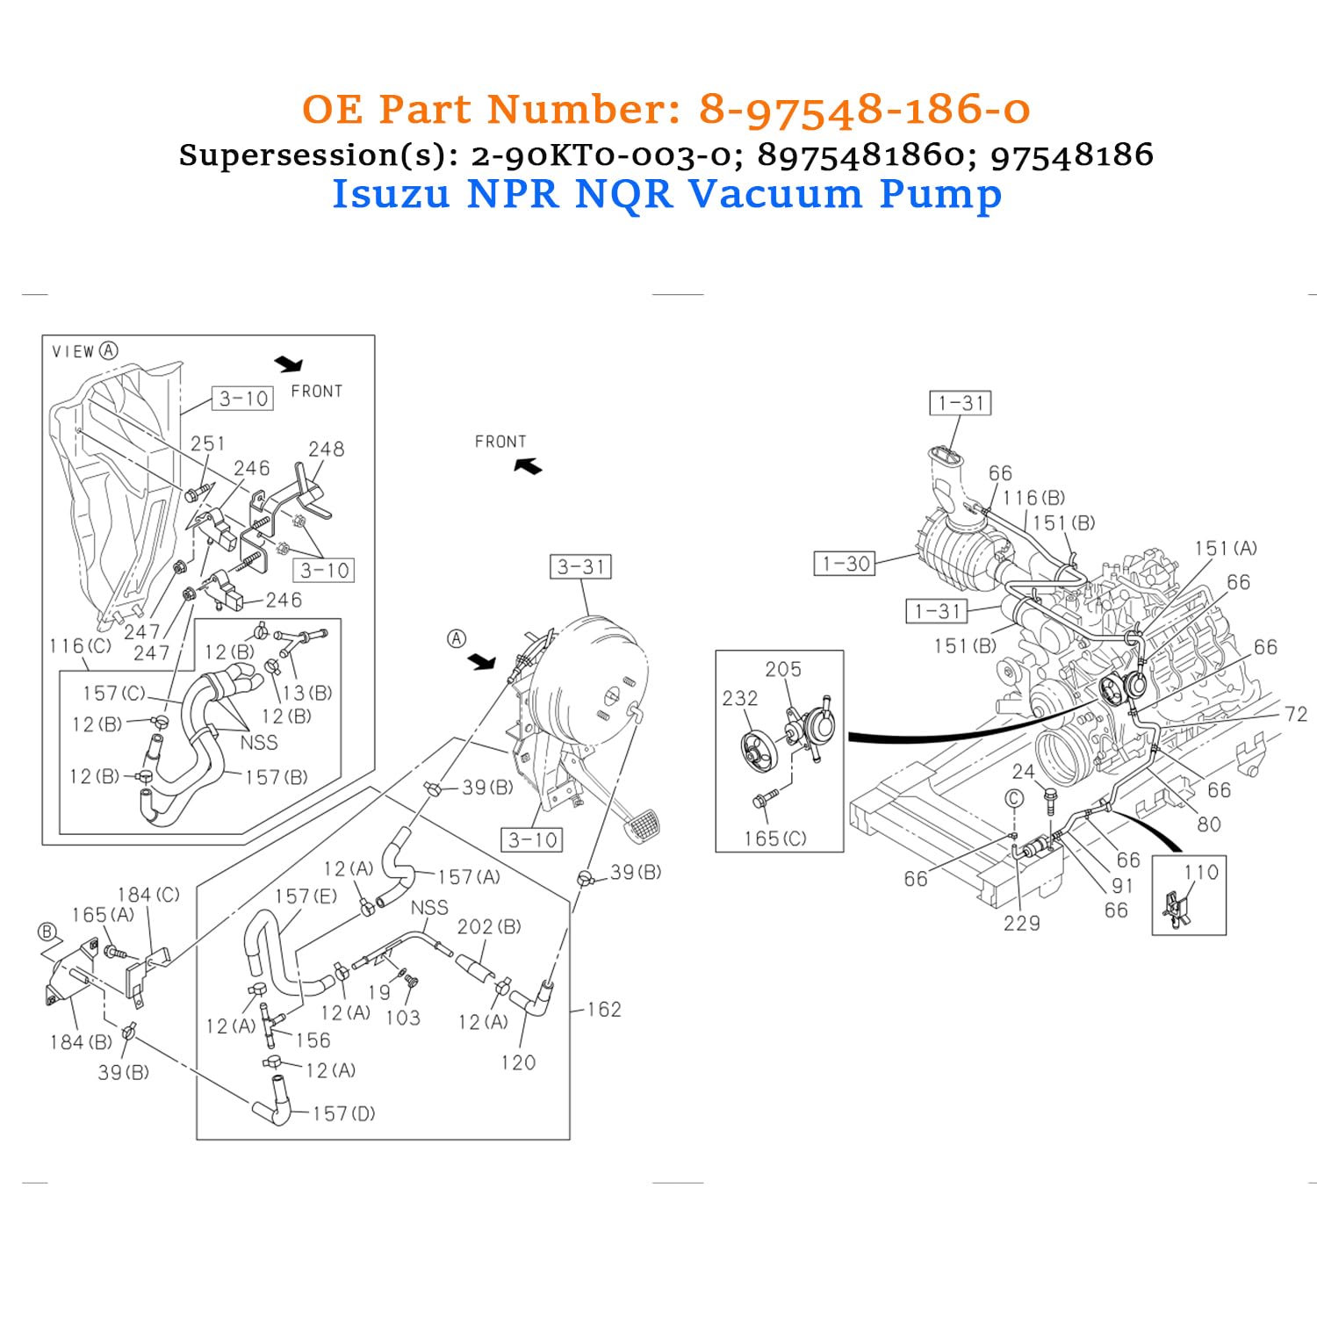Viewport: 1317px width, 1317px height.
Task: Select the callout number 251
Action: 208,444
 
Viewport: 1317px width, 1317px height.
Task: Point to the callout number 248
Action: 326,450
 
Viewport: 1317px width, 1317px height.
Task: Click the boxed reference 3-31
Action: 580,567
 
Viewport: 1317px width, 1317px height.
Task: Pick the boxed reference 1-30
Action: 845,564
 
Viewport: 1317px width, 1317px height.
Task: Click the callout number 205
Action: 782,670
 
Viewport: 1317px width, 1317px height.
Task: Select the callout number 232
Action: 739,699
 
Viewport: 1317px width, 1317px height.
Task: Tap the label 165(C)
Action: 774,839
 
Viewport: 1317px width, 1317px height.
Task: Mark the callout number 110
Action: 1201,873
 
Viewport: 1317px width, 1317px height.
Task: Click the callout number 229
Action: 1021,924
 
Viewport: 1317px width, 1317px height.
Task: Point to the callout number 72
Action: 1295,715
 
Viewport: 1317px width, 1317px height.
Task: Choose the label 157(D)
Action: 343,1114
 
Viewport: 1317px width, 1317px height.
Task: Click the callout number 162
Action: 604,1010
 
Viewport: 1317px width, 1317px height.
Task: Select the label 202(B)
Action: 489,927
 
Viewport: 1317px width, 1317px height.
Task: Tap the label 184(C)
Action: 148,895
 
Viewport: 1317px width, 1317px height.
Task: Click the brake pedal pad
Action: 644,826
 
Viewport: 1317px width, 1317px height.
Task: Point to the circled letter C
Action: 1014,798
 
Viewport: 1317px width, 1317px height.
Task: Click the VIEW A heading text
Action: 84,351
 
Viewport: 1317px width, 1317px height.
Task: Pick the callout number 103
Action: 403,1018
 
